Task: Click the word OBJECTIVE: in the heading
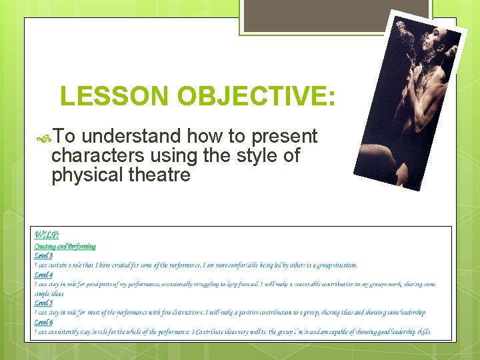pyautogui.click(x=256, y=97)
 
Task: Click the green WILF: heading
pyautogui.click(x=46, y=235)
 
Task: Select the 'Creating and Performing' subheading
pyautogui.click(x=65, y=246)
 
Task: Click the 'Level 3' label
pyautogui.click(x=43, y=255)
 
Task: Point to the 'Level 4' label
pyautogui.click(x=43, y=275)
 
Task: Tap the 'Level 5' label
pyautogui.click(x=43, y=303)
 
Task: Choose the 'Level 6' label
pyautogui.click(x=43, y=322)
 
